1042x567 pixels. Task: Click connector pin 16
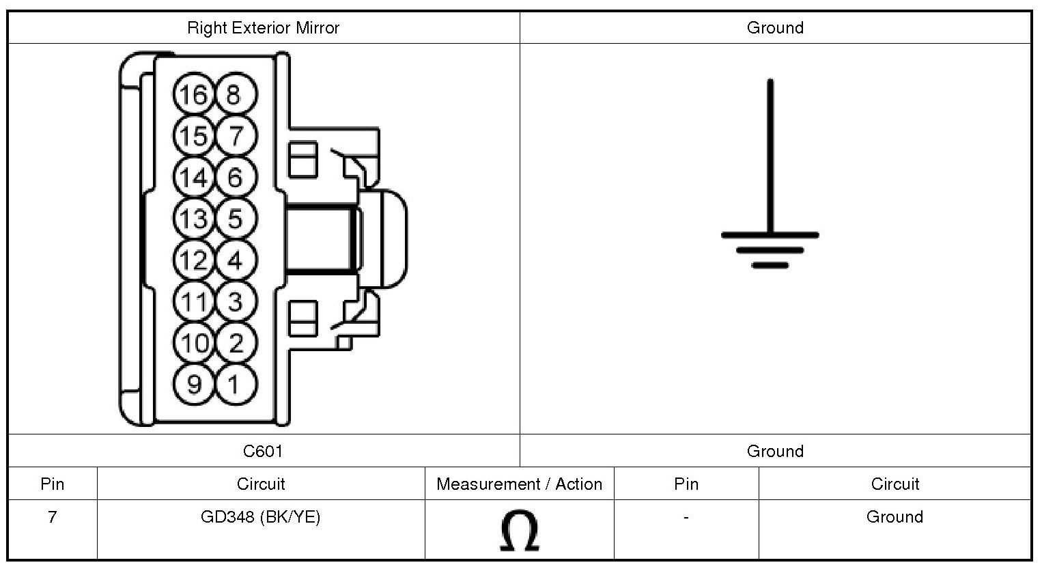tap(194, 94)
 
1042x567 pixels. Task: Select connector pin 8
tap(236, 94)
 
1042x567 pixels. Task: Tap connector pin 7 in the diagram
tap(236, 136)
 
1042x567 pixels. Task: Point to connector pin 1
tap(236, 384)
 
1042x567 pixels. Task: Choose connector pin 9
tap(194, 384)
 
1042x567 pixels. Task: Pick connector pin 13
tap(194, 219)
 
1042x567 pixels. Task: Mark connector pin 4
tap(236, 260)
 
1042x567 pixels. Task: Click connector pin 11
tap(194, 301)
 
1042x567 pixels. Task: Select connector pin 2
tap(236, 342)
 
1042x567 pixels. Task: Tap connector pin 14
tap(194, 178)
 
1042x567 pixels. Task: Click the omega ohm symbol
tap(519, 531)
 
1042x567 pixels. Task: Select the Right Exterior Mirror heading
tap(263, 28)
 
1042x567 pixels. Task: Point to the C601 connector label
tap(263, 451)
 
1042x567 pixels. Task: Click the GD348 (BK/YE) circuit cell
tap(260, 517)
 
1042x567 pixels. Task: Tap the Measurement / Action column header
tap(519, 484)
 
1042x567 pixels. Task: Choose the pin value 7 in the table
tap(52, 517)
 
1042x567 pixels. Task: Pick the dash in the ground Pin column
tap(686, 518)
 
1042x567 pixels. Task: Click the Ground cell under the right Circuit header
tap(895, 517)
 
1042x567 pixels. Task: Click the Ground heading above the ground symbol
tap(775, 28)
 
